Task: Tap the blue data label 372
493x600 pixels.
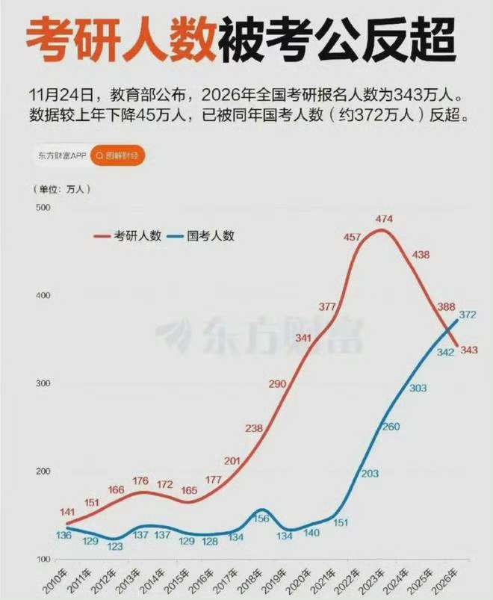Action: (x=468, y=315)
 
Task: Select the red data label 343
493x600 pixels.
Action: (x=469, y=350)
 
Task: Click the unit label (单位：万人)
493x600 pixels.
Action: (x=60, y=190)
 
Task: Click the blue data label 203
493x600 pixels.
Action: (x=370, y=474)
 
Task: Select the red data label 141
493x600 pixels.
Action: (x=66, y=490)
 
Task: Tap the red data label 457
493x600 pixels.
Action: (x=352, y=237)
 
